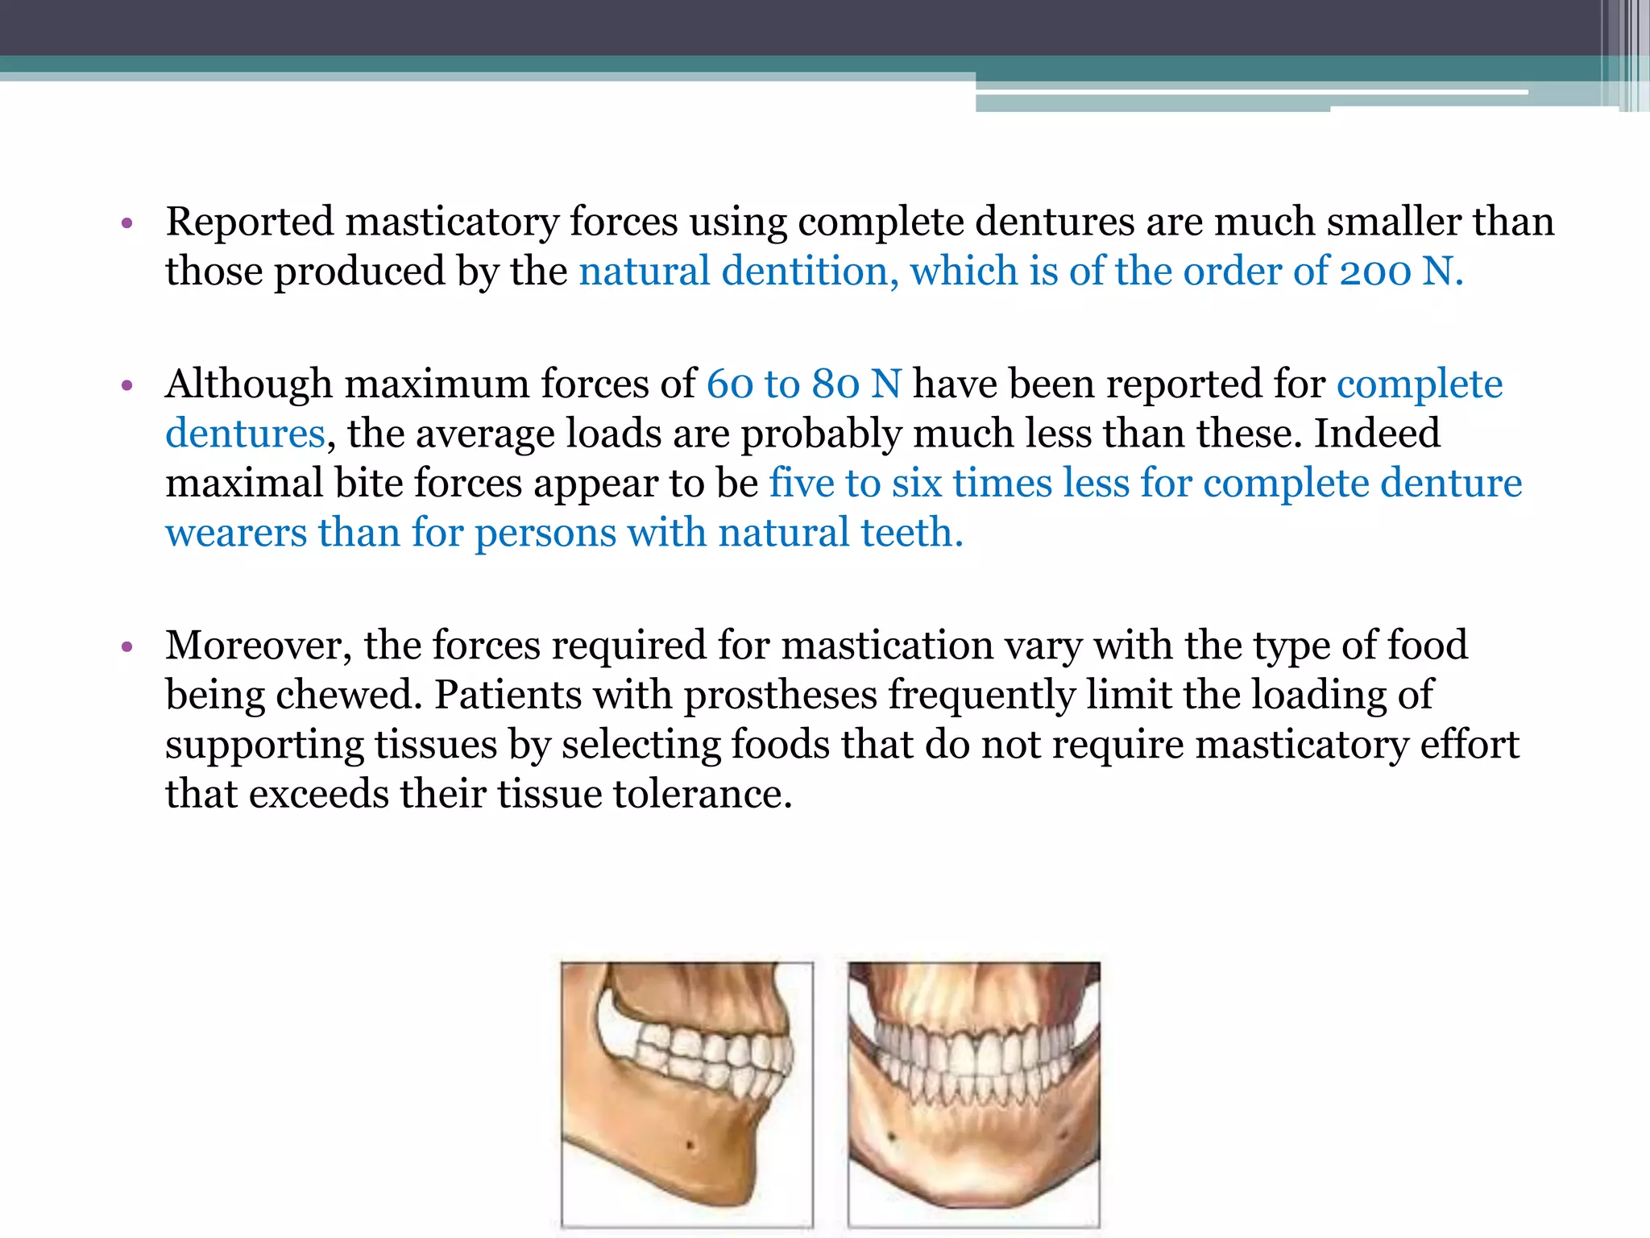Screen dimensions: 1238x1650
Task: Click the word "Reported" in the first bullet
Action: pos(249,222)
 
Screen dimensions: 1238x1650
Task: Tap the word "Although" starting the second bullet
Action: pos(249,384)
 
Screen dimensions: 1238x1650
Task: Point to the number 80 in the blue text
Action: pos(835,384)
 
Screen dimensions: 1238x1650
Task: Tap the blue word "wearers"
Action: pos(236,534)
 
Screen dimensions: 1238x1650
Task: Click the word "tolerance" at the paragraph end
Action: pos(702,795)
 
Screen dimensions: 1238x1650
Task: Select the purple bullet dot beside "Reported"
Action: pos(126,223)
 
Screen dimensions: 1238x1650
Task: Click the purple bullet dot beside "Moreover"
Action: pos(126,647)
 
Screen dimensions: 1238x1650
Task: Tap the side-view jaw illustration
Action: pos(686,1094)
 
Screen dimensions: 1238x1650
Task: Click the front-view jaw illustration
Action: pos(973,1094)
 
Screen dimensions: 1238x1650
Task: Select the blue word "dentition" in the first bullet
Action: pos(804,272)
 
